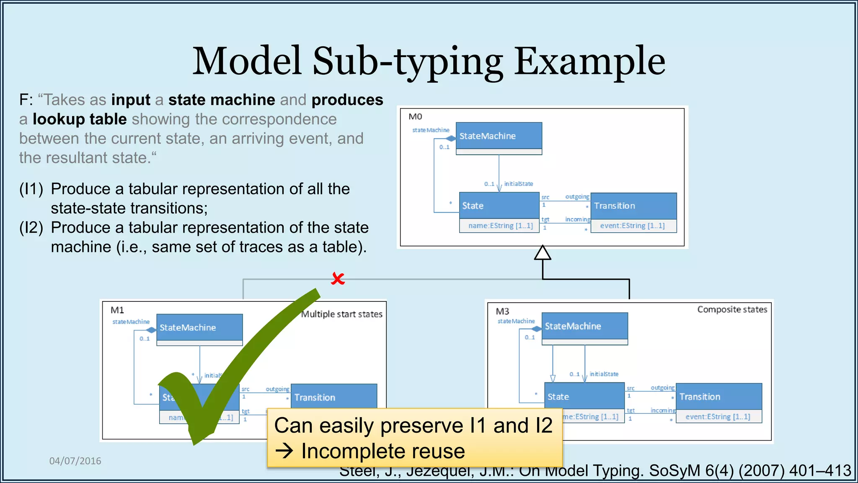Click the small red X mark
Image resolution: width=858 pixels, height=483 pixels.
click(338, 278)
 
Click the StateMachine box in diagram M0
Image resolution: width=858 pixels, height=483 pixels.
click(499, 136)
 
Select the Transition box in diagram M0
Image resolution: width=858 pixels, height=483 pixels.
click(633, 206)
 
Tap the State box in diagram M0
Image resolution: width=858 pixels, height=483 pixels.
click(499, 206)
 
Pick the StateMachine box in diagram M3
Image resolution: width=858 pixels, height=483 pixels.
click(584, 326)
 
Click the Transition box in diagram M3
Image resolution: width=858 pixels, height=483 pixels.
click(719, 397)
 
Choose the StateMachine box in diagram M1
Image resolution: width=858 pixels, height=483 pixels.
click(199, 327)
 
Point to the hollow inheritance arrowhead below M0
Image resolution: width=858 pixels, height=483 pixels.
click(543, 253)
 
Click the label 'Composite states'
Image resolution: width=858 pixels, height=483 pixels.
click(732, 309)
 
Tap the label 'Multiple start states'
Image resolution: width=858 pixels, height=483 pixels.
click(342, 314)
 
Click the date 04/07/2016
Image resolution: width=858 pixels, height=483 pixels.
click(75, 461)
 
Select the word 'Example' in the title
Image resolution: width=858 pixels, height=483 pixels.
click(589, 61)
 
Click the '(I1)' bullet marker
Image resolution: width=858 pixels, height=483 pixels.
click(31, 189)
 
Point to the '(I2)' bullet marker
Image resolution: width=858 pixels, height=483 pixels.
click(31, 228)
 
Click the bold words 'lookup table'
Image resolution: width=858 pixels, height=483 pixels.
click(80, 119)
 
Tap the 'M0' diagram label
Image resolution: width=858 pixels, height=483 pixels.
click(415, 117)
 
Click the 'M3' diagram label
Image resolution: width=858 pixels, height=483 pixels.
click(502, 311)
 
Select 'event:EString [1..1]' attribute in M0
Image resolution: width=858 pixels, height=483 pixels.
click(632, 226)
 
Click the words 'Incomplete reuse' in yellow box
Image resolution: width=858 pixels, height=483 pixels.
click(382, 451)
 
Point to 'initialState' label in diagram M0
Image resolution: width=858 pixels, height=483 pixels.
click(518, 184)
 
